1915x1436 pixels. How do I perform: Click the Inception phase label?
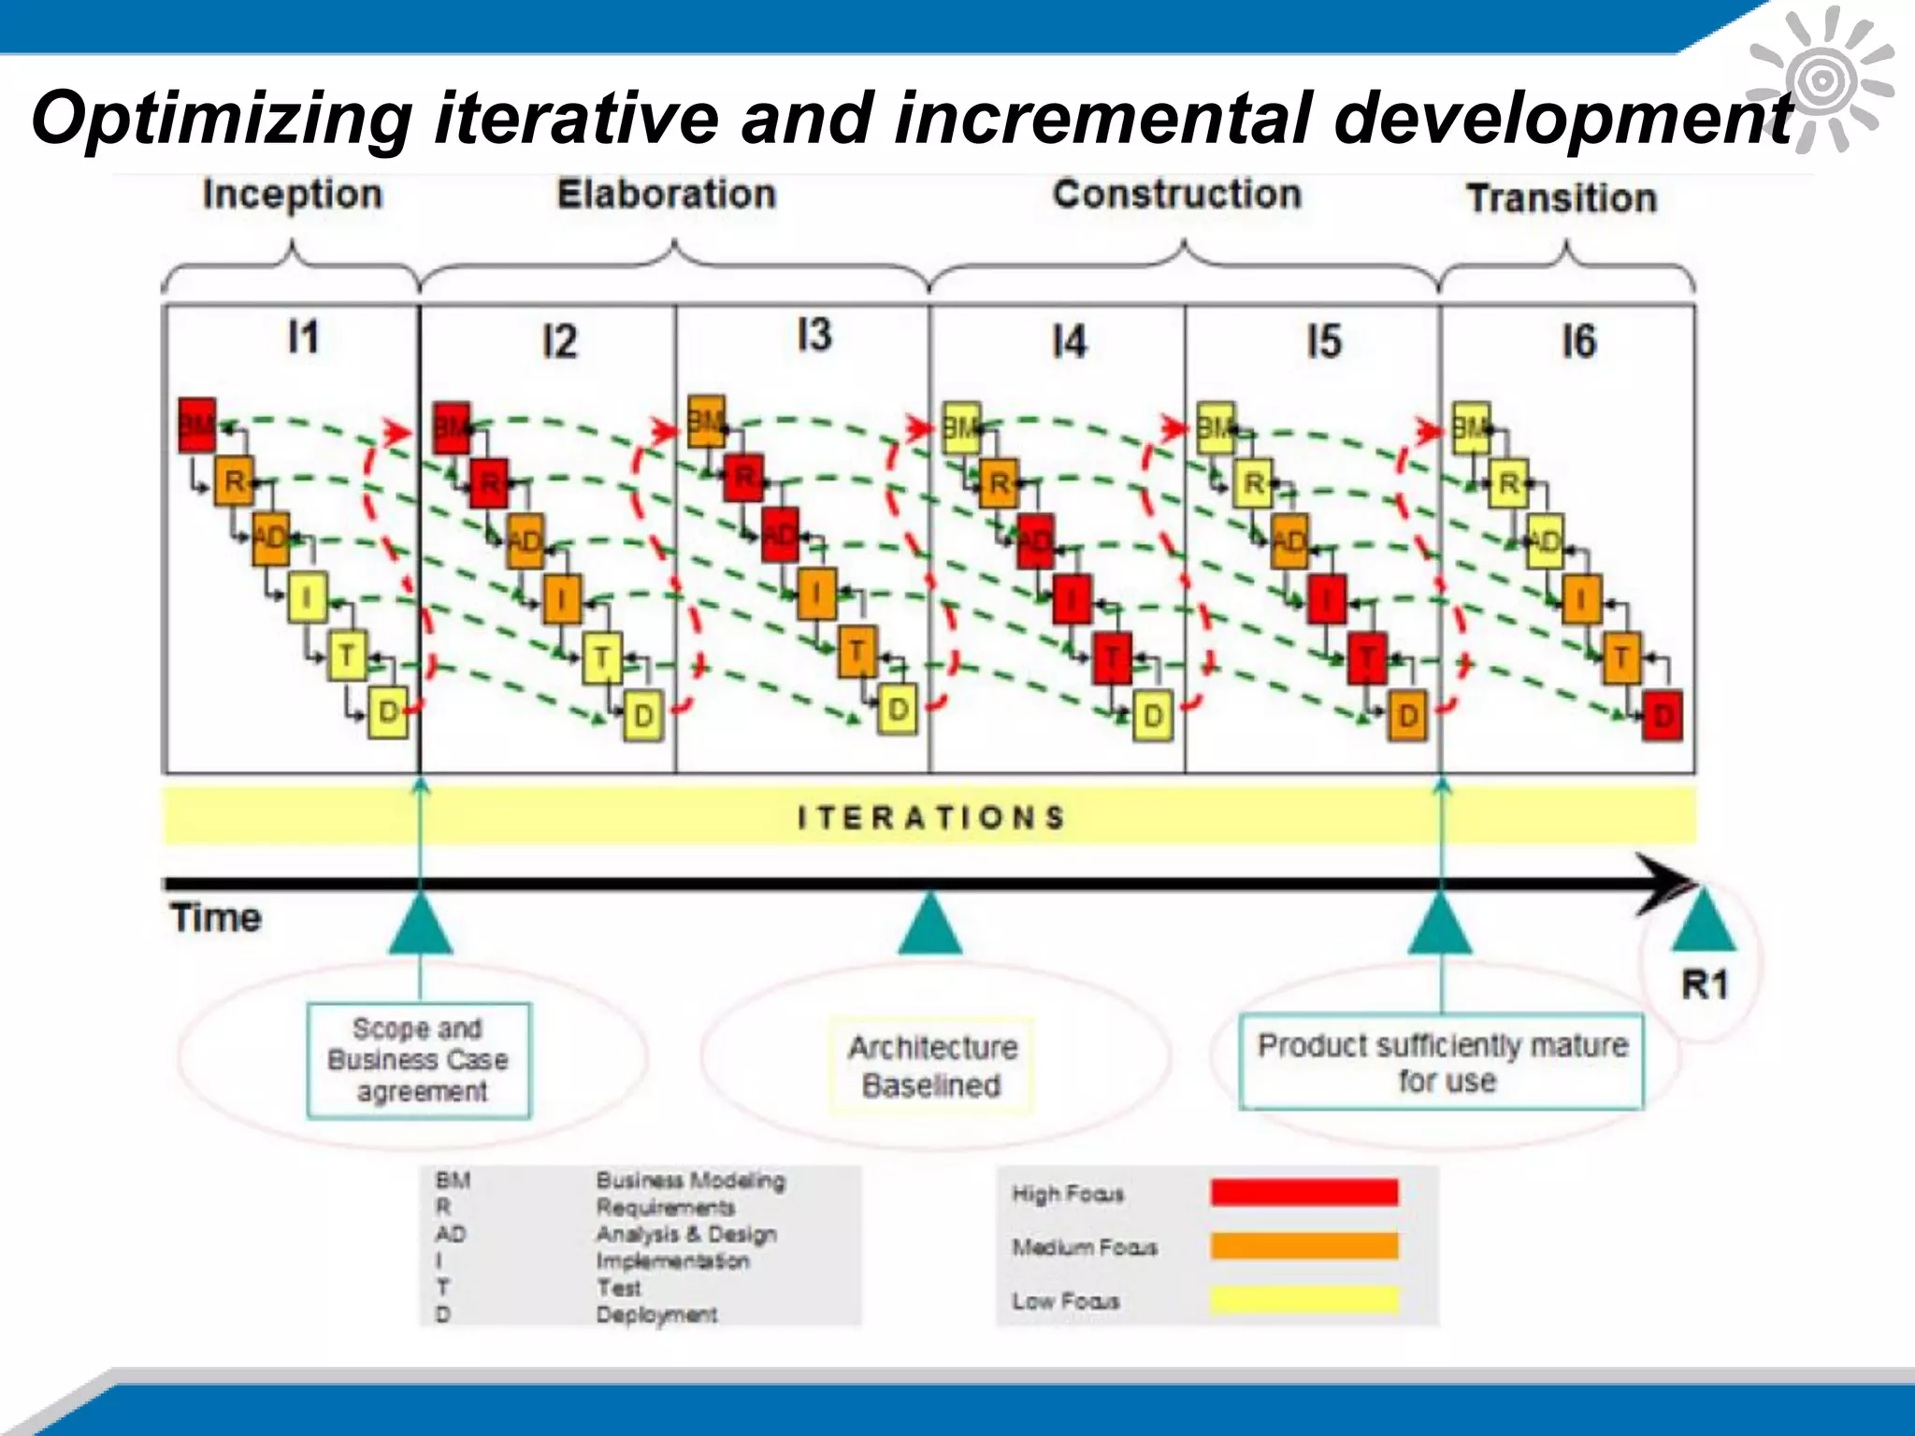pyautogui.click(x=292, y=195)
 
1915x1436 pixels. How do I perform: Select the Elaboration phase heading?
pyautogui.click(x=667, y=194)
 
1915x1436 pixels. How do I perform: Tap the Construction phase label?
pyautogui.click(x=1176, y=194)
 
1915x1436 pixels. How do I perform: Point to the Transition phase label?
pyautogui.click(x=1562, y=199)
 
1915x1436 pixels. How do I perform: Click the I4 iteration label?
pyautogui.click(x=1069, y=342)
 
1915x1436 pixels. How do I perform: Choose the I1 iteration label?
pyautogui.click(x=303, y=337)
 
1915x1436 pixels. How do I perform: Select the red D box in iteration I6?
pyautogui.click(x=1663, y=717)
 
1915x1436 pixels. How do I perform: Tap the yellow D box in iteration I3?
pyautogui.click(x=898, y=710)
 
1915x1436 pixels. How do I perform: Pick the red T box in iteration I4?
pyautogui.click(x=1113, y=657)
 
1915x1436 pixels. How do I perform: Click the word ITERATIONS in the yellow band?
pyautogui.click(x=930, y=818)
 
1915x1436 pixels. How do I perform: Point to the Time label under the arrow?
pyautogui.click(x=216, y=918)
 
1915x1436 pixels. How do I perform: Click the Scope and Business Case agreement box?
pyautogui.click(x=419, y=1060)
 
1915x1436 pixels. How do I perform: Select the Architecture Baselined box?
pyautogui.click(x=931, y=1066)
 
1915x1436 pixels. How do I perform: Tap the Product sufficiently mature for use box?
pyautogui.click(x=1441, y=1062)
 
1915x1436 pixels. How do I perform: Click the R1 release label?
pyautogui.click(x=1705, y=984)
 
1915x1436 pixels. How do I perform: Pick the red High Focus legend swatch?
pyautogui.click(x=1303, y=1192)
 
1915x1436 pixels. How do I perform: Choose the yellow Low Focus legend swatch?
pyautogui.click(x=1303, y=1300)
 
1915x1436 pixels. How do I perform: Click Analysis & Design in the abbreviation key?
pyautogui.click(x=686, y=1234)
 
